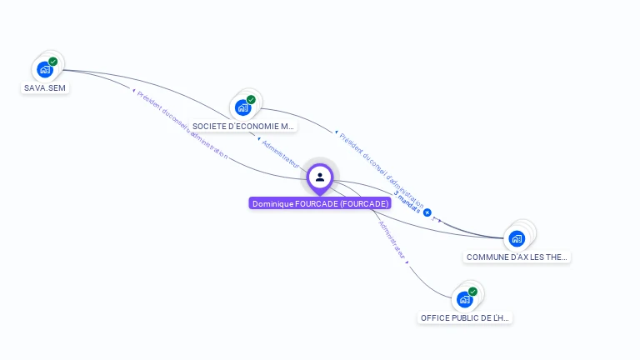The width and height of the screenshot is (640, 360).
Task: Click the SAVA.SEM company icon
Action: point(45,70)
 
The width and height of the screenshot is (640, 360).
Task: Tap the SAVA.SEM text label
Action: point(45,87)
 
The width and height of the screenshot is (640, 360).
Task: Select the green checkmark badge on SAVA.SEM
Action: point(53,62)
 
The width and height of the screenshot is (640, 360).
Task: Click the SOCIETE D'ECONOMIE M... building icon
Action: point(242,107)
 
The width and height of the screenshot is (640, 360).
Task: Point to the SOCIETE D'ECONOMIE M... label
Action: point(243,127)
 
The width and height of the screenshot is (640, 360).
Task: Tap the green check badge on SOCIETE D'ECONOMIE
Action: point(251,100)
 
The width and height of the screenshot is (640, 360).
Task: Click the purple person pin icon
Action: point(320,177)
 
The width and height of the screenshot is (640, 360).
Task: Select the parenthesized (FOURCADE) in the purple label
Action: point(364,203)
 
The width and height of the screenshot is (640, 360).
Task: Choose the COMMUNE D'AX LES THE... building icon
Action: point(517,238)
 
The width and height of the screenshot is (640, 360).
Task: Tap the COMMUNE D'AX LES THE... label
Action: point(517,257)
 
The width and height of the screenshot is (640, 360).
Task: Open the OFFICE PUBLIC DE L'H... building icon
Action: point(464,299)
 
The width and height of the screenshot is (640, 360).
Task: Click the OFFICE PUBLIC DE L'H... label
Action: point(465,318)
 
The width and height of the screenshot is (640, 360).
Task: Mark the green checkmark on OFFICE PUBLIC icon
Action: point(472,292)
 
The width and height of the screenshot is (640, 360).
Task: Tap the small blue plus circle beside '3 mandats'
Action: point(427,212)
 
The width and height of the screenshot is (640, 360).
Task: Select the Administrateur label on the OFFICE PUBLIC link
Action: point(392,241)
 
